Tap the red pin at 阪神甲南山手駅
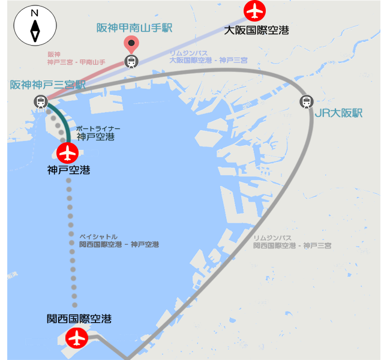131,43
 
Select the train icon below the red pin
131,61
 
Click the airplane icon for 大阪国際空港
256,11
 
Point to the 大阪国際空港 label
256,29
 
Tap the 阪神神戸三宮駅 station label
47,85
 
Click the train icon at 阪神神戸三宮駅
40,101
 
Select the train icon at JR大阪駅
307,101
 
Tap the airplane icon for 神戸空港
68,153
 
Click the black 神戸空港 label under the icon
69,170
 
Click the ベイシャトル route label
119,241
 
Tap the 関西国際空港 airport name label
79,319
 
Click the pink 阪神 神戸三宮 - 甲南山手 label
76,58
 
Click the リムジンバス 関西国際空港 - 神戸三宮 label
292,242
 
